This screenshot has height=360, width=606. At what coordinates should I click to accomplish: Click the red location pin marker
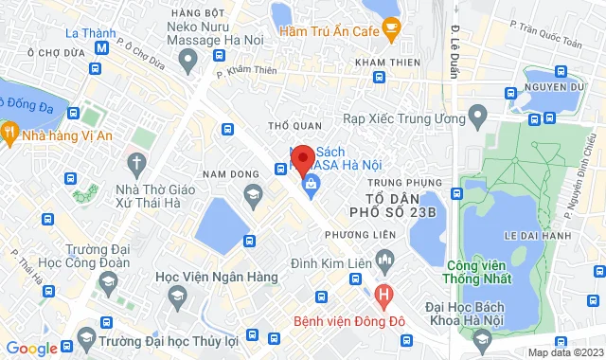point(303,159)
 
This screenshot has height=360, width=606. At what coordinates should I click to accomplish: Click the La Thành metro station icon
point(101,47)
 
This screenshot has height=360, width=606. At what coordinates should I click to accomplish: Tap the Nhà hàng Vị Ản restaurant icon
point(11,134)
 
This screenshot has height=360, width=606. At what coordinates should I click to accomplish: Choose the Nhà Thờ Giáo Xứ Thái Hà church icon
point(138,163)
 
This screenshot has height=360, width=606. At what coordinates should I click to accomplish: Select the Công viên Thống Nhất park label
point(478,271)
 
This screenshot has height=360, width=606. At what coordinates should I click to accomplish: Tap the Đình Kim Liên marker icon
point(384,257)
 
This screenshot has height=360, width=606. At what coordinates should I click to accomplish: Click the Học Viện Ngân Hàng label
point(217,277)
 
